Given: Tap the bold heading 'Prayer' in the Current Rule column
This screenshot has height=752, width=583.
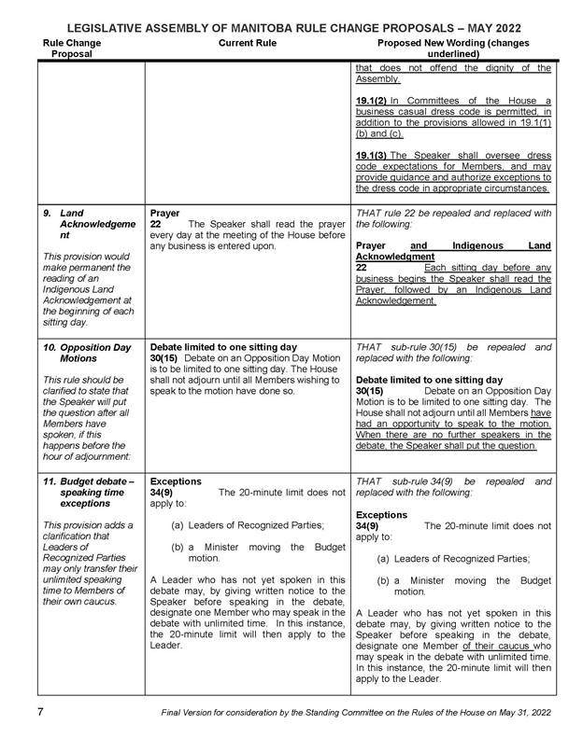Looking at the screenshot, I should tap(164, 213).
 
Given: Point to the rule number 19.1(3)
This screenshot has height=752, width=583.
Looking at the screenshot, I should tap(375, 154).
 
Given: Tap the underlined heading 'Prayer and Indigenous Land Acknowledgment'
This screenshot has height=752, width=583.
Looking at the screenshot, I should tap(453, 249).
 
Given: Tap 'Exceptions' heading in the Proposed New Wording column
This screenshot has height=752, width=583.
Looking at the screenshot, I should tap(382, 514).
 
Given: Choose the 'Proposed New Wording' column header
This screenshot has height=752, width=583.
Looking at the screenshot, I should tap(453, 49).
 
